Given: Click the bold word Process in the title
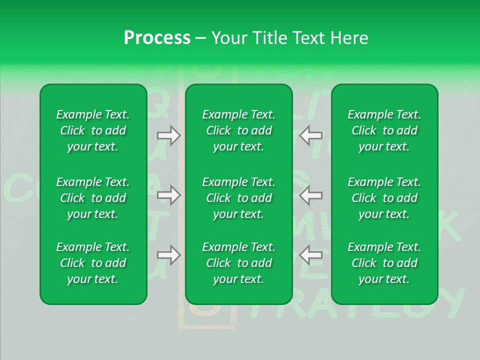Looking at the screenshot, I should [x=157, y=38].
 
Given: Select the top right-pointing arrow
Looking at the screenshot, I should [x=168, y=135].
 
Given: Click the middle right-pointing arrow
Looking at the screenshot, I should [x=168, y=195].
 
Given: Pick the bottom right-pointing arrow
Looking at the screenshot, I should [x=168, y=255].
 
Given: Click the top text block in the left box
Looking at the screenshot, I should [x=93, y=130].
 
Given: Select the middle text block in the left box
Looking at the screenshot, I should [x=93, y=198].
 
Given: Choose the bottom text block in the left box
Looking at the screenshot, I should [x=93, y=263].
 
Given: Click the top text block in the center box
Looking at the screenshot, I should [x=239, y=130].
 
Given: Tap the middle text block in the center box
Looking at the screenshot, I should [x=239, y=198].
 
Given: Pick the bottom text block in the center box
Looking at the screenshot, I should [x=239, y=263].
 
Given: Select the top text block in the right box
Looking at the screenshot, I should [x=384, y=130].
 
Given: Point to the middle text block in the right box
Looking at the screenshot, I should [x=384, y=198].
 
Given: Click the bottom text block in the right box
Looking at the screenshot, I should [x=384, y=263].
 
